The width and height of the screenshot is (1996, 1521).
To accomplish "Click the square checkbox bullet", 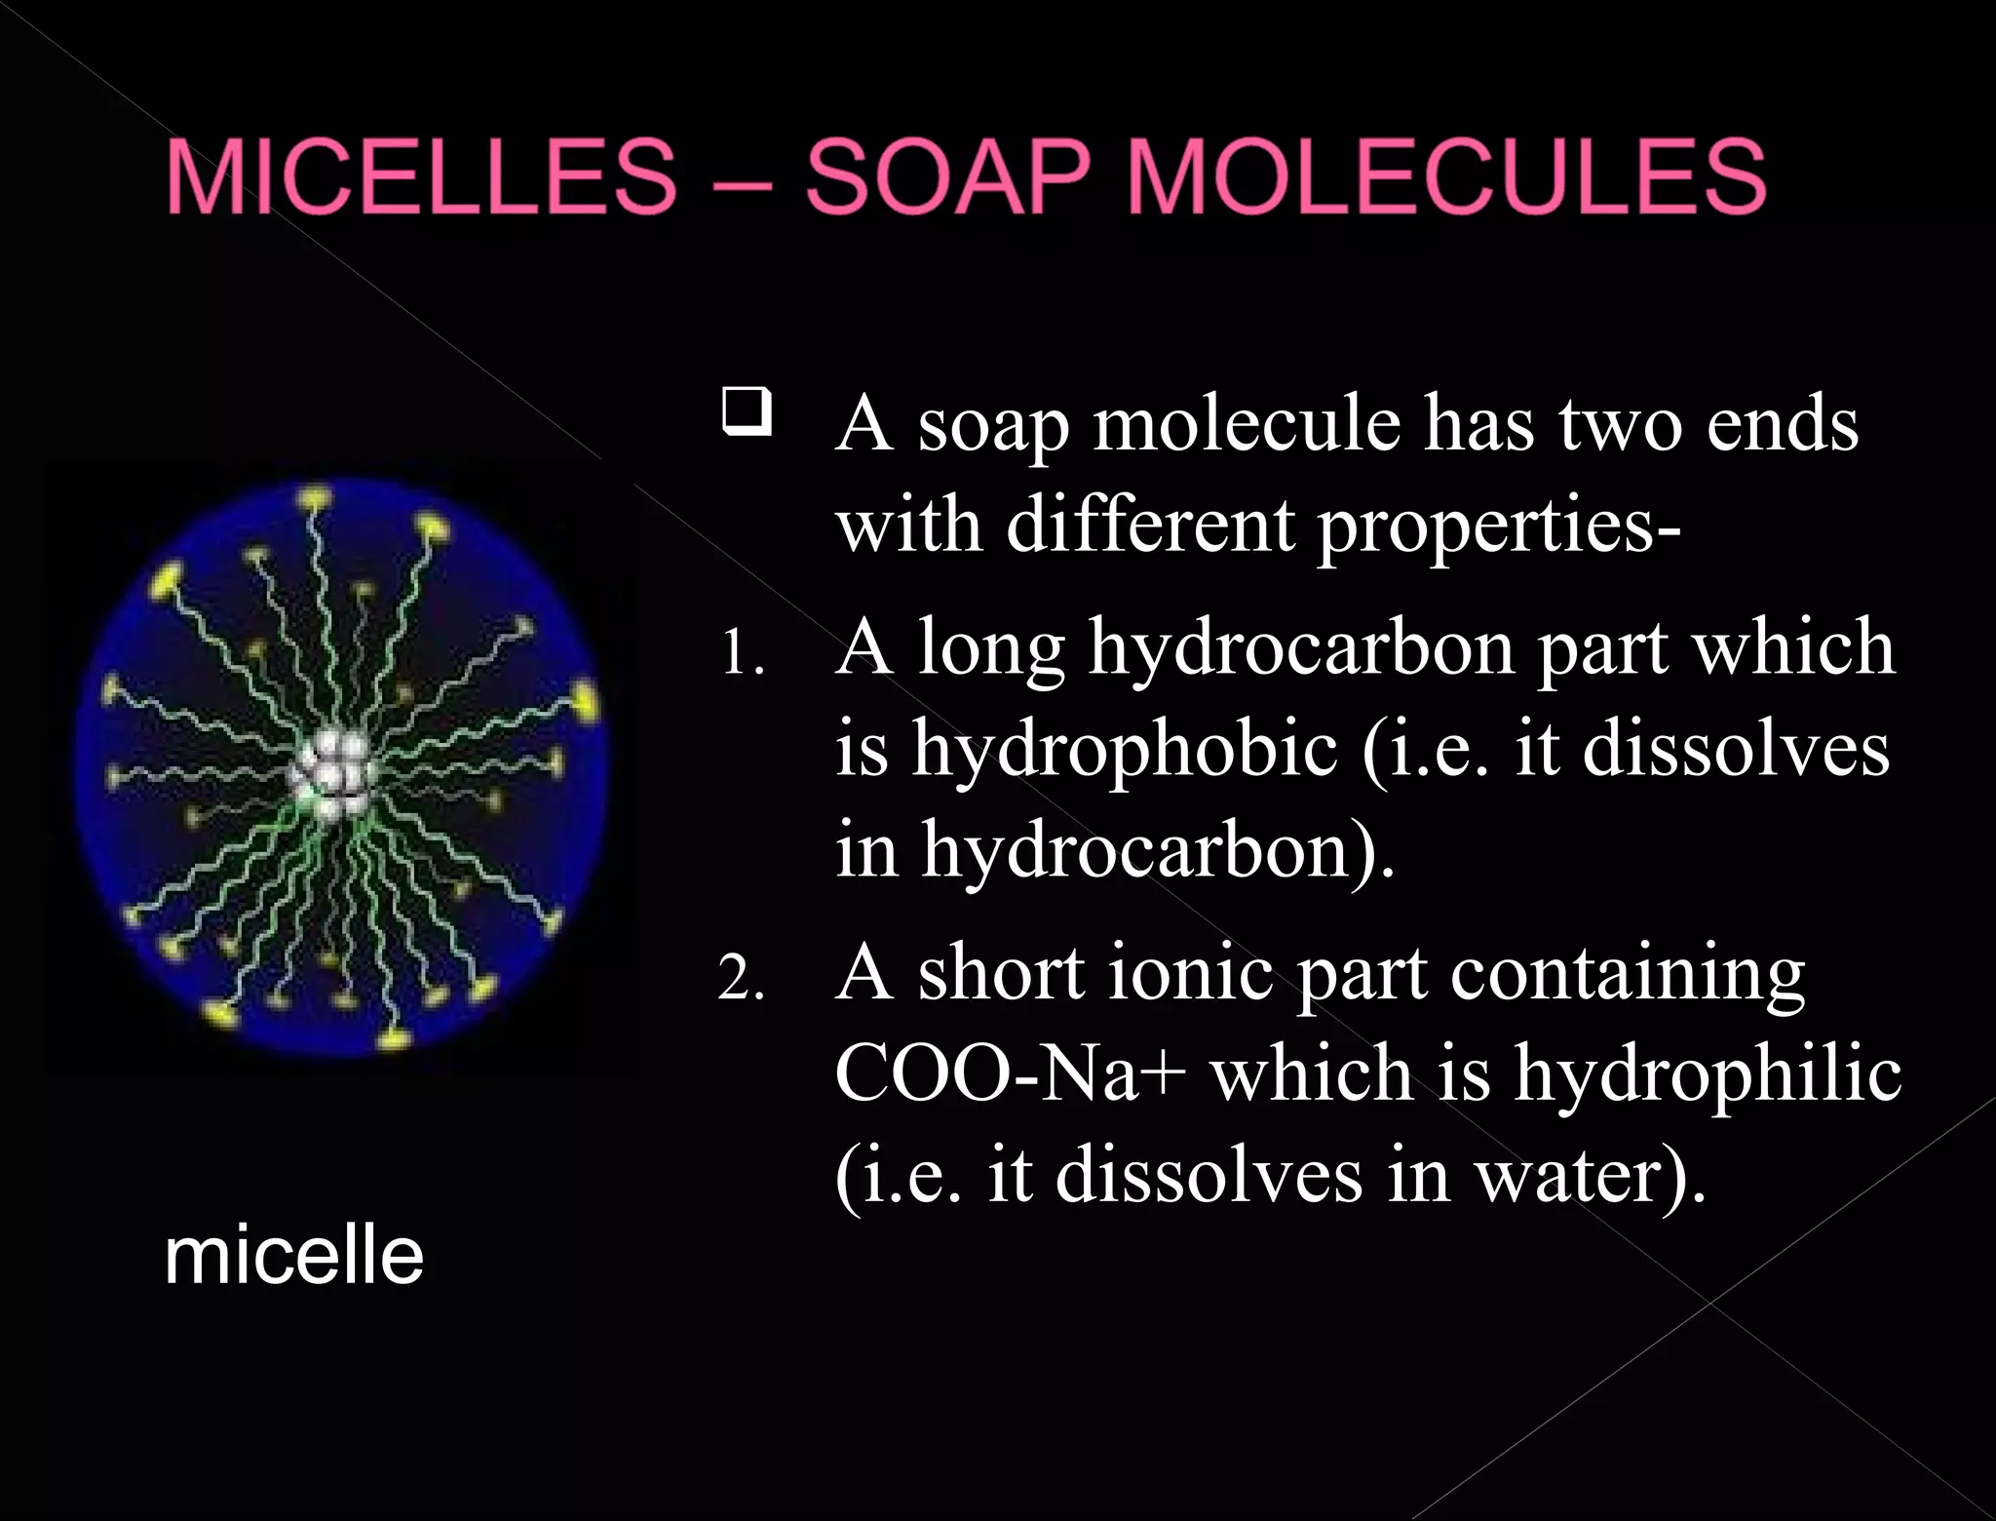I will click(747, 411).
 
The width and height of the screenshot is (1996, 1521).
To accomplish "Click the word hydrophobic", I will click(1125, 751).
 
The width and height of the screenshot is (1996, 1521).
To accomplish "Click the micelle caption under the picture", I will click(293, 1257).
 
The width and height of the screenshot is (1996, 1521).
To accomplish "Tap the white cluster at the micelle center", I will click(331, 774).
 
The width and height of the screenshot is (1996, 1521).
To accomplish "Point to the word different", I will click(1150, 526).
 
